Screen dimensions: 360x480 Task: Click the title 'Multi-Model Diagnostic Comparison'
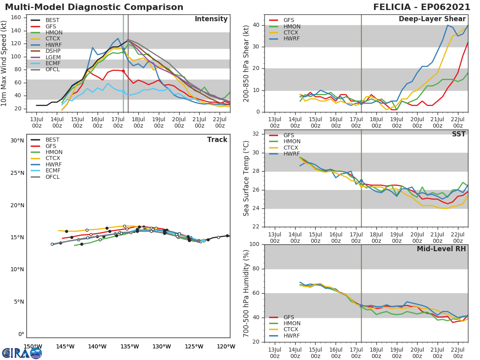(x=94, y=7)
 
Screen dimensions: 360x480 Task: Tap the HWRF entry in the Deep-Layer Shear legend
(x=292, y=39)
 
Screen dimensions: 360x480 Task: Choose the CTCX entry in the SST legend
(x=292, y=148)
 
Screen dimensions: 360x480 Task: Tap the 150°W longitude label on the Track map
(x=33, y=347)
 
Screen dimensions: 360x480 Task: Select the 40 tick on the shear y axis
(x=256, y=25)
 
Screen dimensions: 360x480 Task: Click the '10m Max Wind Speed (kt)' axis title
(x=4, y=63)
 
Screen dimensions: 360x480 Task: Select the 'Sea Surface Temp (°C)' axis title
(x=246, y=178)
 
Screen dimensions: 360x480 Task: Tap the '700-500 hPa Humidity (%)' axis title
(x=246, y=293)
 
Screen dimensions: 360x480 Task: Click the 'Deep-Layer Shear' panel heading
(x=432, y=19)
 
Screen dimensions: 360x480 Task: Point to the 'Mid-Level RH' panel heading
(x=441, y=249)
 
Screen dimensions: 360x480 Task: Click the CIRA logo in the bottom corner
(x=22, y=353)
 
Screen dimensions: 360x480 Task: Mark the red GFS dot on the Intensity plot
(x=123, y=71)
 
